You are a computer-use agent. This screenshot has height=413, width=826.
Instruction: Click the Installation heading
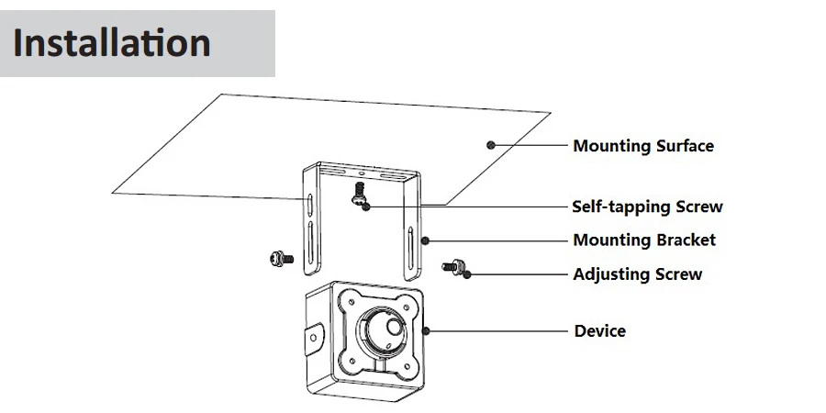point(112,42)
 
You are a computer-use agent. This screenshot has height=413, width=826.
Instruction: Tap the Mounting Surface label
point(643,146)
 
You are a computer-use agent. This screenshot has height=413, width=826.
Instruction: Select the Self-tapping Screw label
point(647,206)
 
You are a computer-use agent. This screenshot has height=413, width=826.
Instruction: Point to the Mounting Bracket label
point(644,240)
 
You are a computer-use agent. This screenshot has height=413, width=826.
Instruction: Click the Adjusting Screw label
point(638,274)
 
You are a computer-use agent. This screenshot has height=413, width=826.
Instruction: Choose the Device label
point(600,331)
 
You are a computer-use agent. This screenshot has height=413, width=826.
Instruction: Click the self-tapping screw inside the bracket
point(359,193)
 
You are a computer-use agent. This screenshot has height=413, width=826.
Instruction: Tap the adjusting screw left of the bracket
point(282,258)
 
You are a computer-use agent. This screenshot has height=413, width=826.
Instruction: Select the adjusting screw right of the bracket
point(452,266)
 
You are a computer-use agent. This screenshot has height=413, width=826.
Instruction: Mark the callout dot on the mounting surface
point(491,145)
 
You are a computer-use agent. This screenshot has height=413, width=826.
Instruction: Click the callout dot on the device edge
point(426,330)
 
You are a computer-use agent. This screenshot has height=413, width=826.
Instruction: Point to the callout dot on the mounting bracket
point(425,240)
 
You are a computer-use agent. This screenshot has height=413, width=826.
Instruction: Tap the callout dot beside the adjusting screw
point(467,274)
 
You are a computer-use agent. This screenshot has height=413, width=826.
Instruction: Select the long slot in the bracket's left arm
point(310,243)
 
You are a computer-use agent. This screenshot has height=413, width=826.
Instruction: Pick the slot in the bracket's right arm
point(410,247)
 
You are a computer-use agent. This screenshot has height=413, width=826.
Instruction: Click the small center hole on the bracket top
point(362,173)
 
